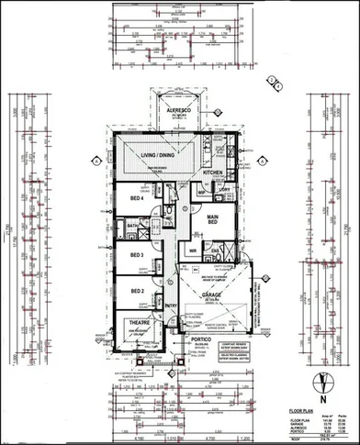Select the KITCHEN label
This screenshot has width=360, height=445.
[213, 172]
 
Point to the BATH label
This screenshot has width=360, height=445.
[131, 225]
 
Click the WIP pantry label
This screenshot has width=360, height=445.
[200, 193]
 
